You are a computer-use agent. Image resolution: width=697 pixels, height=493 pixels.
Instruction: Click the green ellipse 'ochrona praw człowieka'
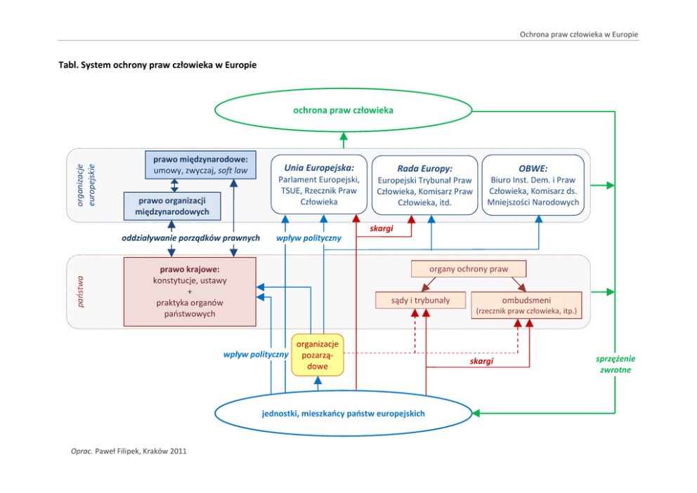pos(343,110)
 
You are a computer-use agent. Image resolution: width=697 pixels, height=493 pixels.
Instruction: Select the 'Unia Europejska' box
pos(319,184)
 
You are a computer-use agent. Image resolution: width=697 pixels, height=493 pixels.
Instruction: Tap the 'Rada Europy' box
pos(424,185)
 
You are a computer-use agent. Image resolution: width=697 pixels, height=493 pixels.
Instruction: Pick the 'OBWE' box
pos(533,184)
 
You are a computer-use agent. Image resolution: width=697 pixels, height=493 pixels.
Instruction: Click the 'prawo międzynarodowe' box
pos(200,164)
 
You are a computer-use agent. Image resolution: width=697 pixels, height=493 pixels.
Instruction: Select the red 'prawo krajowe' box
pos(190,291)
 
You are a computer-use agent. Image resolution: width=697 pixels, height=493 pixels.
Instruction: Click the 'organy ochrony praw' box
pos(468,269)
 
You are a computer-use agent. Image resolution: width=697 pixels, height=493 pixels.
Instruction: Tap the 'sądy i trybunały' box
pos(420,301)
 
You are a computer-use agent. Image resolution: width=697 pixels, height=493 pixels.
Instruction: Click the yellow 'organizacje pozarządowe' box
pos(318,355)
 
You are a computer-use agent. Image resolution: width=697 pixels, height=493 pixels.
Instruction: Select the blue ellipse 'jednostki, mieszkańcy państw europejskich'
pos(343,414)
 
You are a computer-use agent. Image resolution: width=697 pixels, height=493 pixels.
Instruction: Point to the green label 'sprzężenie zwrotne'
pos(615,364)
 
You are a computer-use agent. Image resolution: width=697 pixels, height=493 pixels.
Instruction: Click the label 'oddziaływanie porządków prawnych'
pos(191,237)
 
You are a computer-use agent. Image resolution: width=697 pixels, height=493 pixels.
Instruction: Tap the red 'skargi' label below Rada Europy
pos(382,229)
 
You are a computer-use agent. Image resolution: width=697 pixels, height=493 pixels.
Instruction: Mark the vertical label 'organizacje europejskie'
pos(85,184)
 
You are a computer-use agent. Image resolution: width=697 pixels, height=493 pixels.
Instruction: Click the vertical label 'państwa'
pos(80,291)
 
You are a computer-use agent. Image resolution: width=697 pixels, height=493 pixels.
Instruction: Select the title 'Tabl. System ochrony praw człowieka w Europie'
pos(157,65)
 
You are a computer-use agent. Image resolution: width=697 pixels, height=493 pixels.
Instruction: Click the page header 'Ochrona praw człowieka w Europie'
pos(578,34)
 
